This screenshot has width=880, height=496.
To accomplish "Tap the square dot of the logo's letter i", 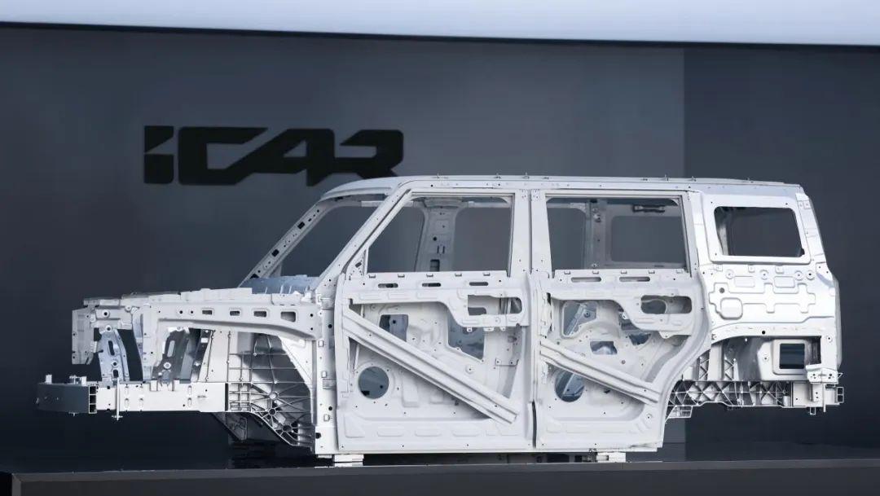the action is coord(159,134).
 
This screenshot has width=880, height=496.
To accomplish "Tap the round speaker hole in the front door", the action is coord(373,383).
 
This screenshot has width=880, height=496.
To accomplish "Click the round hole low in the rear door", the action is coord(569,385).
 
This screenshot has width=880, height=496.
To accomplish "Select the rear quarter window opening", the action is coord(759,231).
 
